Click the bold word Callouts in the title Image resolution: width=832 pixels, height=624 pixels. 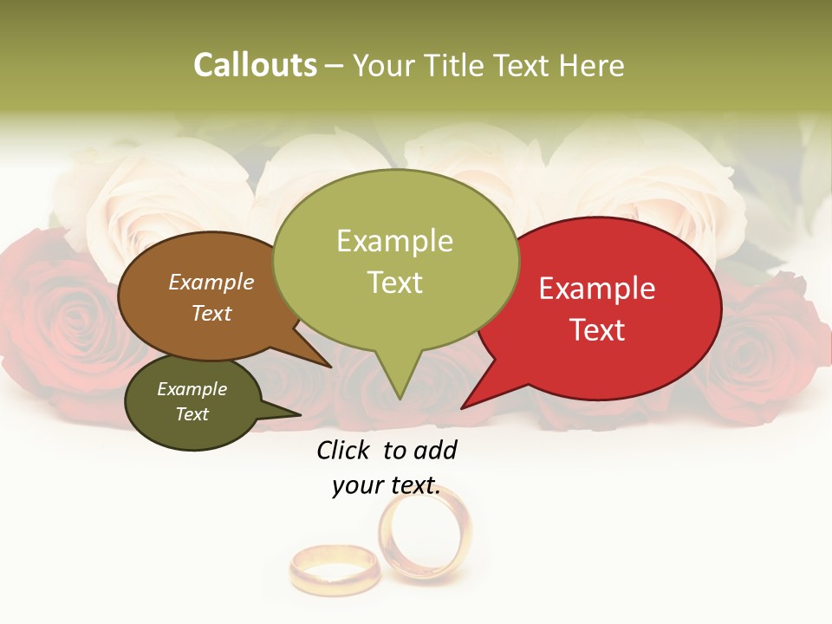[x=255, y=65]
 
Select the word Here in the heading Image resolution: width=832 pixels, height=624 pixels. [x=592, y=65]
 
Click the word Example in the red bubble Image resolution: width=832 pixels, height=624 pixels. [x=597, y=289]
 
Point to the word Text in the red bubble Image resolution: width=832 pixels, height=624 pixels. [x=597, y=330]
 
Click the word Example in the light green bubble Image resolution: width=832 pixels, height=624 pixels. [x=394, y=241]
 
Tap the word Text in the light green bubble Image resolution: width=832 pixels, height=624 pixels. [x=394, y=283]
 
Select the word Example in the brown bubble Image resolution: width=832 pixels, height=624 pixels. [x=211, y=282]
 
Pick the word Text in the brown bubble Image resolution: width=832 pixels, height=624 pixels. [x=211, y=313]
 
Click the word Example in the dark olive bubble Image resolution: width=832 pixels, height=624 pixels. [x=192, y=389]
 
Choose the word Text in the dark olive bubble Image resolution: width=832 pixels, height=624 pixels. [x=192, y=414]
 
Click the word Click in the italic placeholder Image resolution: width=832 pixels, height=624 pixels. [x=344, y=450]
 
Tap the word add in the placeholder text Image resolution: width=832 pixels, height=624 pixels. [x=435, y=450]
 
